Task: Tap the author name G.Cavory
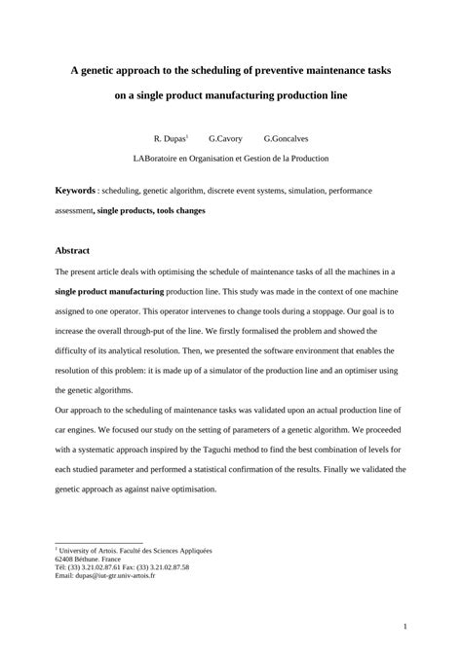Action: pyautogui.click(x=225, y=139)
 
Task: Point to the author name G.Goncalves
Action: pyautogui.click(x=286, y=139)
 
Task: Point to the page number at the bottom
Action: pyautogui.click(x=404, y=627)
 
